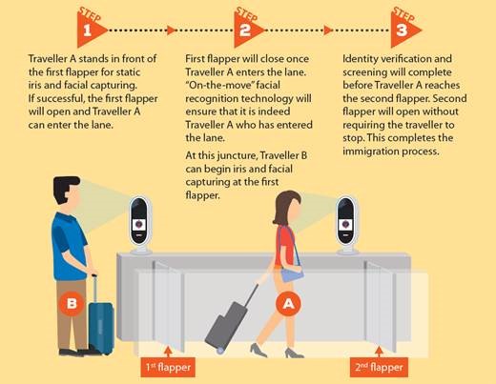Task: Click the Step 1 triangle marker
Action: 89,30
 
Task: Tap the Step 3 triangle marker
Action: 403,30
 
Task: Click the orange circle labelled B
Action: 72,303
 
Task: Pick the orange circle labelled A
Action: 288,304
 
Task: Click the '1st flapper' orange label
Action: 168,368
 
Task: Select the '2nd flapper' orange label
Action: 379,368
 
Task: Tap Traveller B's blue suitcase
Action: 100,321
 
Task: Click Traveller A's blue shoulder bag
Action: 292,273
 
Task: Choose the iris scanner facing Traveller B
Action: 140,225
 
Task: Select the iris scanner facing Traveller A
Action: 345,225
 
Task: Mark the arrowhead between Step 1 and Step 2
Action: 171,30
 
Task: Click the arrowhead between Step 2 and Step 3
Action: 328,30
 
